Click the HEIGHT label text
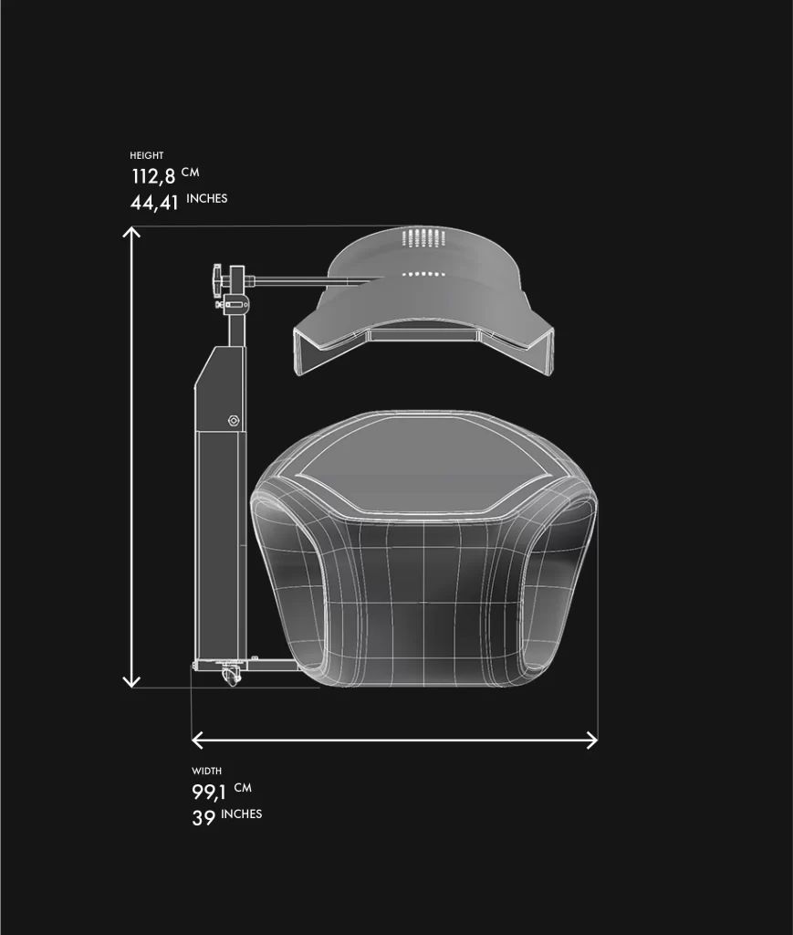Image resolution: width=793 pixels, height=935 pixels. coord(147,155)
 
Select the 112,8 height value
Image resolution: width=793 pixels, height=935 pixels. coord(153,176)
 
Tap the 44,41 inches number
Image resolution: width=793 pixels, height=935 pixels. coord(154,203)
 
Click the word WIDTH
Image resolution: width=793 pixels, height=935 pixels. coord(207,771)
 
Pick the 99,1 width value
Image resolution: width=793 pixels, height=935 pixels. coord(209,793)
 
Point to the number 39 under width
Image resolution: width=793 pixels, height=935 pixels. coord(203,817)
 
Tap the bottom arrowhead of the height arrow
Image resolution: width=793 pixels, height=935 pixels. coord(131,681)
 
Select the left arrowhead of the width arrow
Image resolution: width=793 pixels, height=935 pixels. coord(197,740)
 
